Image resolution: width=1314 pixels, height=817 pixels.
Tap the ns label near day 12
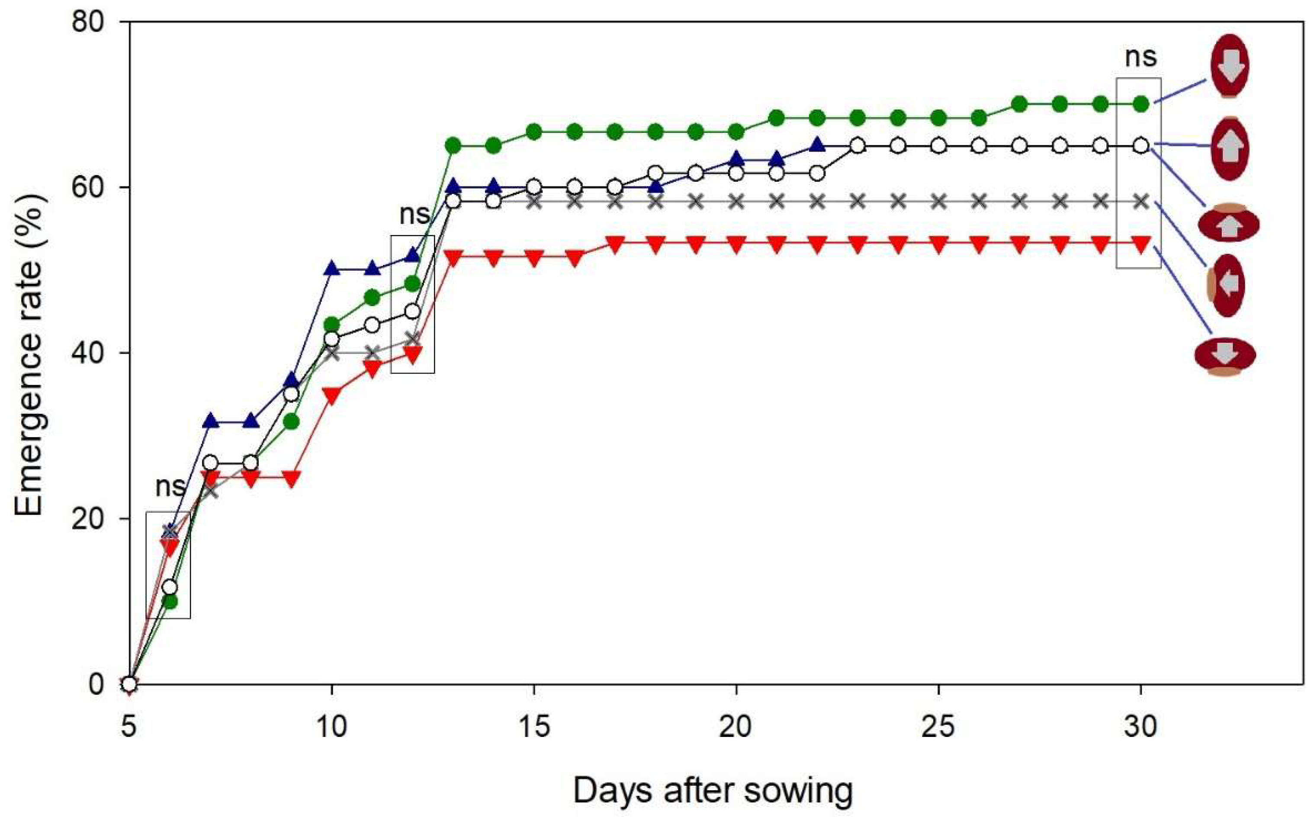[x=414, y=214]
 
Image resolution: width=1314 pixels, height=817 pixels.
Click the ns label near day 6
[x=170, y=486]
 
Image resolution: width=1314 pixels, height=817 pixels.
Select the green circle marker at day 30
[x=1141, y=104]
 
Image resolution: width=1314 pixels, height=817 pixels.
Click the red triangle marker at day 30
[x=1141, y=244]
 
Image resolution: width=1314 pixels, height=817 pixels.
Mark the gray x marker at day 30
[x=1141, y=202]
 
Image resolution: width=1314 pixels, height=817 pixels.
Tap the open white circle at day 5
[x=129, y=684]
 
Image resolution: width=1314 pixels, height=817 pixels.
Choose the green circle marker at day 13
[x=453, y=145]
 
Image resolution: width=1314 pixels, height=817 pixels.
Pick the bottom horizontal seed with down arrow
[x=1225, y=356]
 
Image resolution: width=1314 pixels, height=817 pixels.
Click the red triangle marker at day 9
[x=291, y=479]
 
